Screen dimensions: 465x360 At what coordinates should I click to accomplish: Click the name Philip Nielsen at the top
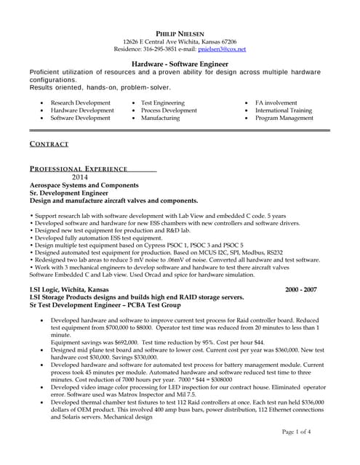click(x=180, y=33)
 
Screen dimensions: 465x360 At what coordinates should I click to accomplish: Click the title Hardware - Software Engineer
click(x=180, y=64)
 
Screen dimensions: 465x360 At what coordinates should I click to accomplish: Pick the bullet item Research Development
click(x=81, y=103)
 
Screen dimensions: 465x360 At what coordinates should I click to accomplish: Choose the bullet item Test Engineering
click(x=163, y=103)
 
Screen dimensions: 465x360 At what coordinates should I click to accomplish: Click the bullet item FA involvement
click(x=276, y=103)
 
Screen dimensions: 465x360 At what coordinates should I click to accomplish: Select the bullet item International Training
click(x=284, y=110)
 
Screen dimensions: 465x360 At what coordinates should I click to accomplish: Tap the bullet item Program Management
click(x=284, y=118)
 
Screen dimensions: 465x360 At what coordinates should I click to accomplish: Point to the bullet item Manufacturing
click(x=160, y=118)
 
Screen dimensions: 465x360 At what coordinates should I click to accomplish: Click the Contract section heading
click(x=49, y=144)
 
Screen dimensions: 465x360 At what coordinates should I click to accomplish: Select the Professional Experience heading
click(x=79, y=169)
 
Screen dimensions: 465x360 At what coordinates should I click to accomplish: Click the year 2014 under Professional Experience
click(x=79, y=177)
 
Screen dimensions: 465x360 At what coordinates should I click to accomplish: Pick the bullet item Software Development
click(x=81, y=118)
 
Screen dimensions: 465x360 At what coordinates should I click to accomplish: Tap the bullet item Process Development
click(x=169, y=110)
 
